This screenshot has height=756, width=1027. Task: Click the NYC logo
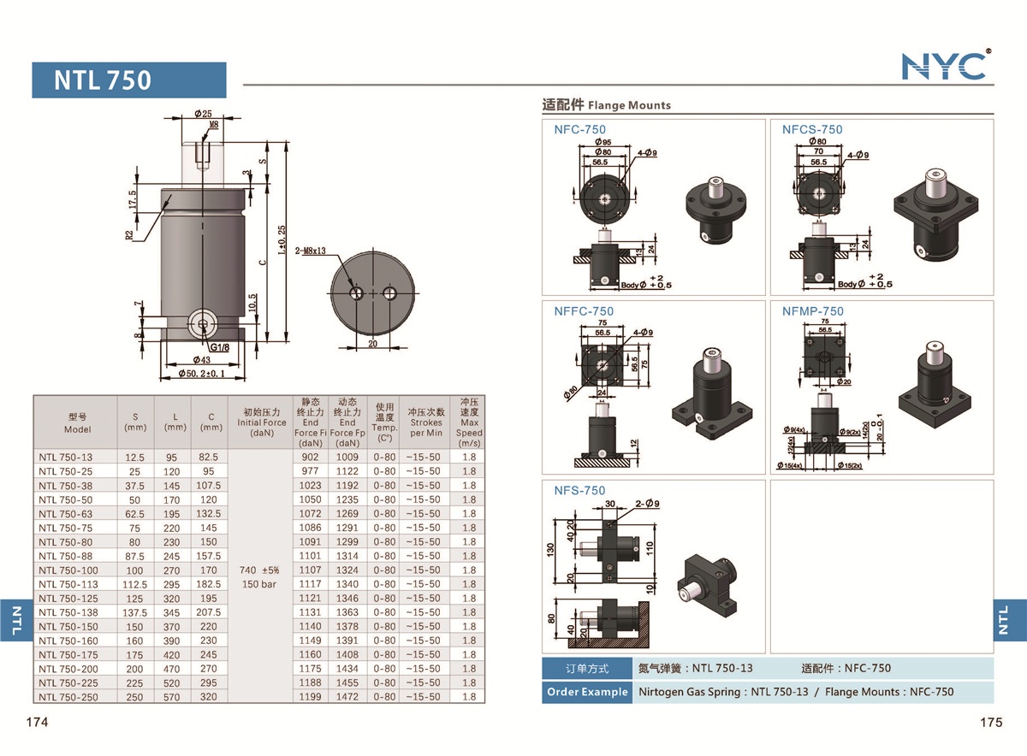[945, 65]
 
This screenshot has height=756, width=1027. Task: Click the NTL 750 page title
[103, 80]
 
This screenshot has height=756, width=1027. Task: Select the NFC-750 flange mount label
[579, 130]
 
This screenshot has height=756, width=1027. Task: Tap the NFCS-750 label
[811, 130]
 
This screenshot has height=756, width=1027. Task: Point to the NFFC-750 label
[583, 311]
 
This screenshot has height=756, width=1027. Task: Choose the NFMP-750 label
[812, 311]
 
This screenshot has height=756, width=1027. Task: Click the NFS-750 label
[579, 491]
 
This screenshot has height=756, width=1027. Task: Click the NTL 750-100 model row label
[68, 570]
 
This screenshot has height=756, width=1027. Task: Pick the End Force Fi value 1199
[310, 697]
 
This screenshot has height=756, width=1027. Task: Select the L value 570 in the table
[175, 697]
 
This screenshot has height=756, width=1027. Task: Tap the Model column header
[77, 423]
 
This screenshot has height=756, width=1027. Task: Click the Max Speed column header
[469, 422]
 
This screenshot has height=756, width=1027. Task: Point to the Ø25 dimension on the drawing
[203, 113]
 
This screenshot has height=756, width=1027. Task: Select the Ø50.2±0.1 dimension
[202, 374]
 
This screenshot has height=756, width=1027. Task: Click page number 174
[37, 723]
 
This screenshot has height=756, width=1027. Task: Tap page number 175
[990, 723]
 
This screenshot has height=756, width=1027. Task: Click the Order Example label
[586, 692]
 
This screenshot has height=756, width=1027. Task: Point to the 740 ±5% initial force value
[258, 570]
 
